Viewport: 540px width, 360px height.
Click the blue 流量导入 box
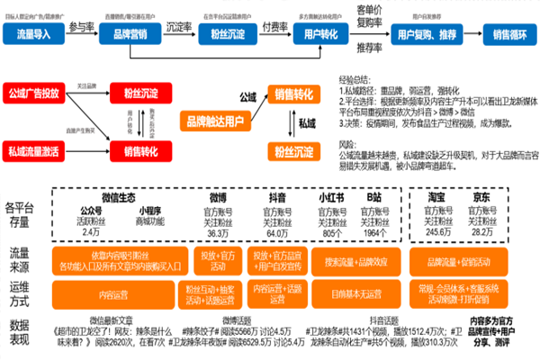click(x=35, y=34)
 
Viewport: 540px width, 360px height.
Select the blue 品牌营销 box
click(x=126, y=34)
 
